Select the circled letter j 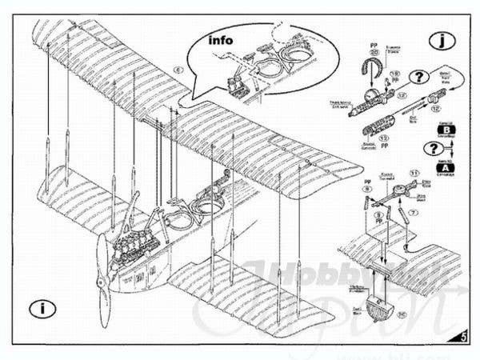pos(440,39)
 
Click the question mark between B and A pos(432,150)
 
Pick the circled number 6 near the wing pos(177,70)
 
